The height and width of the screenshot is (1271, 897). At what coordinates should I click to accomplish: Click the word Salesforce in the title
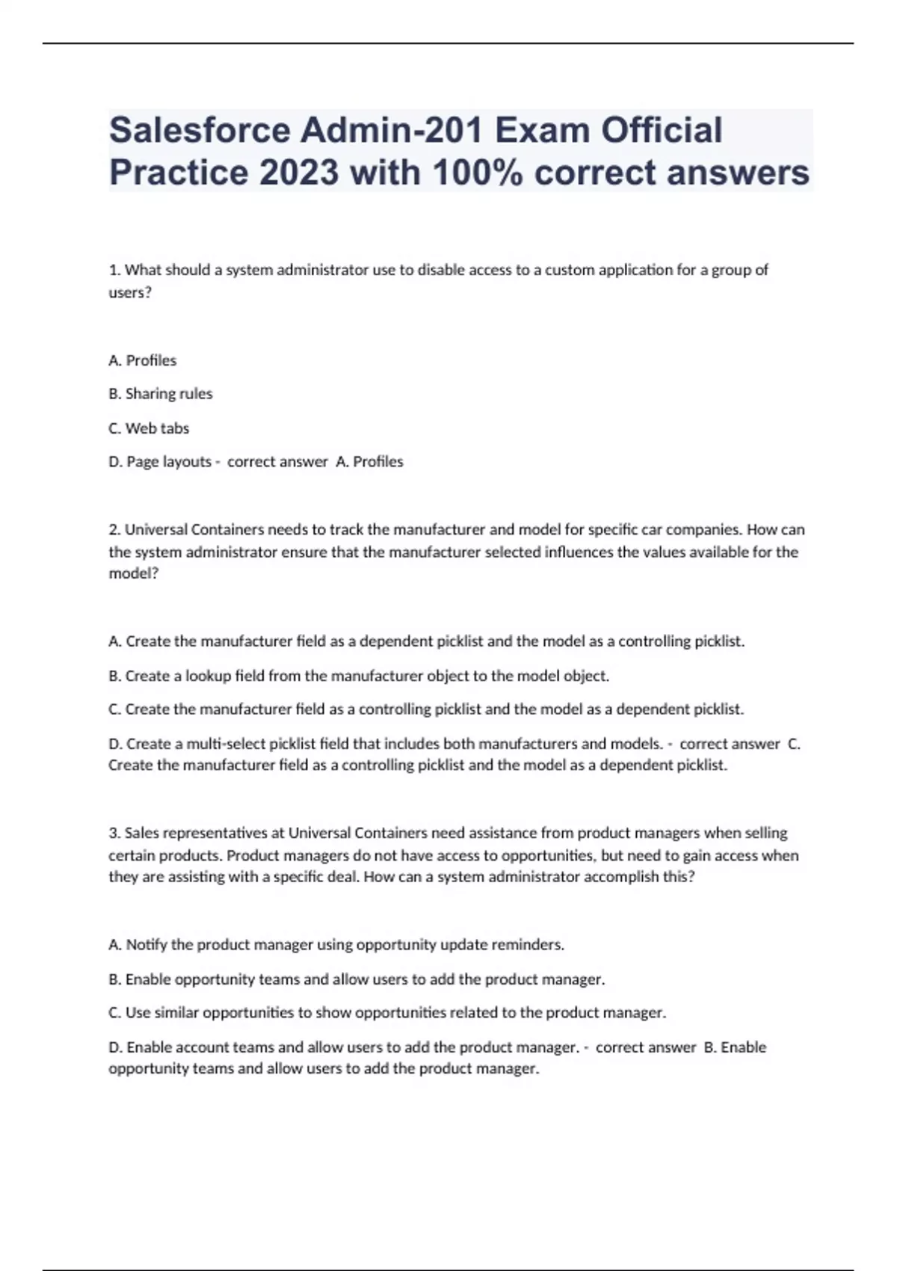click(x=200, y=131)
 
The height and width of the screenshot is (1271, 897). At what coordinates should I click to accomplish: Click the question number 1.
click(x=114, y=270)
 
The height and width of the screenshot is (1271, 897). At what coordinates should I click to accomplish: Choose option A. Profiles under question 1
click(x=143, y=360)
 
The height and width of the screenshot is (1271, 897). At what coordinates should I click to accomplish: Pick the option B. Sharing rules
click(x=161, y=394)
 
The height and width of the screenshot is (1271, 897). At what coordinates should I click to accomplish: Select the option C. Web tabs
click(x=149, y=428)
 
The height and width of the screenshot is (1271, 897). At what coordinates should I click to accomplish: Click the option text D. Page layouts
click(x=160, y=462)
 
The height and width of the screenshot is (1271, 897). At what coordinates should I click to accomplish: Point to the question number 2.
click(x=114, y=530)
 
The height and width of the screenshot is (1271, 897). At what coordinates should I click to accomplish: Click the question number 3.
click(x=114, y=833)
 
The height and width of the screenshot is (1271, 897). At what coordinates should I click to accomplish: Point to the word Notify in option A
click(x=147, y=945)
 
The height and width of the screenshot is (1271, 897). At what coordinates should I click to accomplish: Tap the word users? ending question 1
click(x=130, y=292)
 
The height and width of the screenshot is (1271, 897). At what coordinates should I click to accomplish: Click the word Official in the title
click(x=662, y=131)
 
